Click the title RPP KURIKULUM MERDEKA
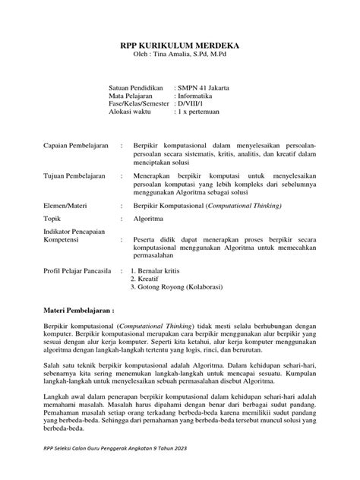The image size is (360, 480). coord(179,45)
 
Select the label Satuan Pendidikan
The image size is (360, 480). coord(135,89)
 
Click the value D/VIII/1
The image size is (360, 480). coord(194,109)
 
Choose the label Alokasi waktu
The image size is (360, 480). coord(132,118)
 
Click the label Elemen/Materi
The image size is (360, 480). coord(65,205)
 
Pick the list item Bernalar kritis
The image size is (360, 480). coord(163,271)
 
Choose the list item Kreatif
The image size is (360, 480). coord(150,279)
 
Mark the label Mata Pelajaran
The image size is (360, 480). coord(131,99)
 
